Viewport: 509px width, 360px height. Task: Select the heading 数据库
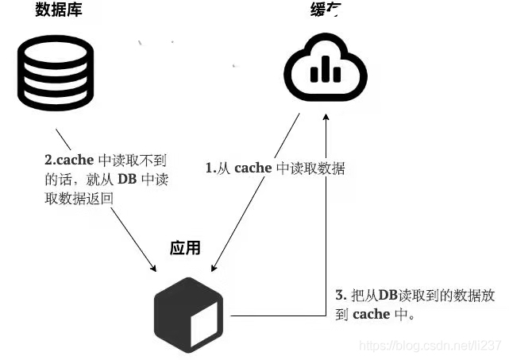(58, 10)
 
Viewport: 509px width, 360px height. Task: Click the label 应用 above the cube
(185, 247)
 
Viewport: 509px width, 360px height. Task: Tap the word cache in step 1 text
(253, 168)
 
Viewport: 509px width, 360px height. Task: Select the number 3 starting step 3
(339, 294)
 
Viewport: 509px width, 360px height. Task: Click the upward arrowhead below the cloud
(326, 118)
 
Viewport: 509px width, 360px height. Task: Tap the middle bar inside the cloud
(326, 71)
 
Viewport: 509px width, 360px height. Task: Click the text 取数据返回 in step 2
(79, 198)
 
